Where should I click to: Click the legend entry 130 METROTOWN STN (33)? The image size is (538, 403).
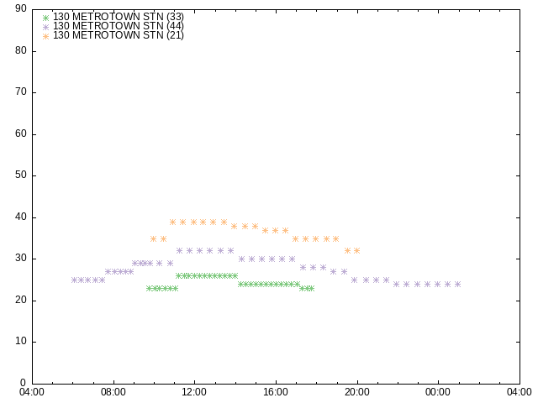click(119, 17)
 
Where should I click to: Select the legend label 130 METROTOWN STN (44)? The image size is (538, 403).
click(119, 26)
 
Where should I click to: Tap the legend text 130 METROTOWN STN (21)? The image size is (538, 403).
click(119, 35)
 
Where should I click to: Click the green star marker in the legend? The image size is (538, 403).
click(46, 18)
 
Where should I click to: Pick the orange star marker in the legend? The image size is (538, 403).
click(46, 36)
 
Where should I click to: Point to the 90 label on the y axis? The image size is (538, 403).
click(21, 9)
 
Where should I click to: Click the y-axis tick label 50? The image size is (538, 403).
click(21, 175)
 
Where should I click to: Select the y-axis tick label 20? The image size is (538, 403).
click(21, 300)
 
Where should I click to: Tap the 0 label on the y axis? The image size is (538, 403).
click(24, 383)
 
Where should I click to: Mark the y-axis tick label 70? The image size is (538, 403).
click(21, 92)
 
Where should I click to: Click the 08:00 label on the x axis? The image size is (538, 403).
click(113, 392)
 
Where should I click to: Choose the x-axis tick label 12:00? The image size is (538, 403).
click(194, 392)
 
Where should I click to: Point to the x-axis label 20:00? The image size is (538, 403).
click(357, 392)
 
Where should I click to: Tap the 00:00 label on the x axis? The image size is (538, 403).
click(438, 392)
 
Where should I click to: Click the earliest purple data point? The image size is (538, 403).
click(74, 280)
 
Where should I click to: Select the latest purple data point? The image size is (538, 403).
click(457, 284)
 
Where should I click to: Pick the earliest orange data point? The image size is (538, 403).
click(153, 238)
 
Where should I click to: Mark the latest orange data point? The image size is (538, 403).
click(356, 251)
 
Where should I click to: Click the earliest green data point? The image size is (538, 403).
click(150, 289)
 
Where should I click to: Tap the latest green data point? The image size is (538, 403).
click(311, 289)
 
